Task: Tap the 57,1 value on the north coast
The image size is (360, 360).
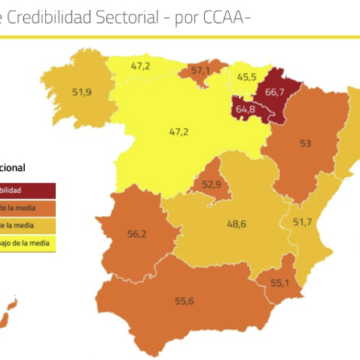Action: click(x=200, y=71)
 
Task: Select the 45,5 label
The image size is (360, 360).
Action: click(x=246, y=76)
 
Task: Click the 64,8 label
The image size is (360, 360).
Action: click(x=245, y=108)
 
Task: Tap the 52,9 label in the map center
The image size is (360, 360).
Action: click(x=211, y=184)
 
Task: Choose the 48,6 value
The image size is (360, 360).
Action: click(x=237, y=224)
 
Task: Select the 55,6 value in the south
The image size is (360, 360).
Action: click(x=184, y=301)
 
